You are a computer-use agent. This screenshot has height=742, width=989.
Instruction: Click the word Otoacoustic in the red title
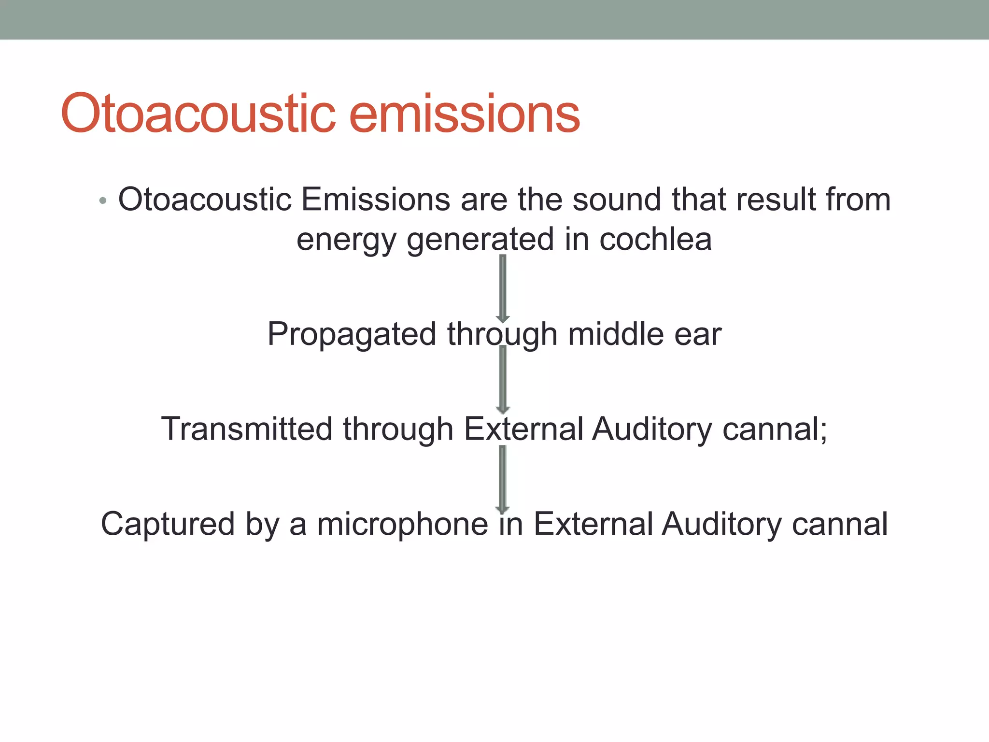point(198,114)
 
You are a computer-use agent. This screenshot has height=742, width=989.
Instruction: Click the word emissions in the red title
point(464,114)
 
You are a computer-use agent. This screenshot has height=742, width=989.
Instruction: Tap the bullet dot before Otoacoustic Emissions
point(102,200)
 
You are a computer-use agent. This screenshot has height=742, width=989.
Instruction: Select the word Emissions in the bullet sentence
point(375,200)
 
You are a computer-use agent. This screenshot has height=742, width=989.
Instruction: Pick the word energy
point(346,240)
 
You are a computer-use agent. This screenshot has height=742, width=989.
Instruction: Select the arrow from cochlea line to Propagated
point(503,289)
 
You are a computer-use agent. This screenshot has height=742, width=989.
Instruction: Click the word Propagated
point(352,335)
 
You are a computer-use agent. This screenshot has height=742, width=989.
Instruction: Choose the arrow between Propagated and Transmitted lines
point(503,380)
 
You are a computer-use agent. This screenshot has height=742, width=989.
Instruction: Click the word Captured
point(167,524)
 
